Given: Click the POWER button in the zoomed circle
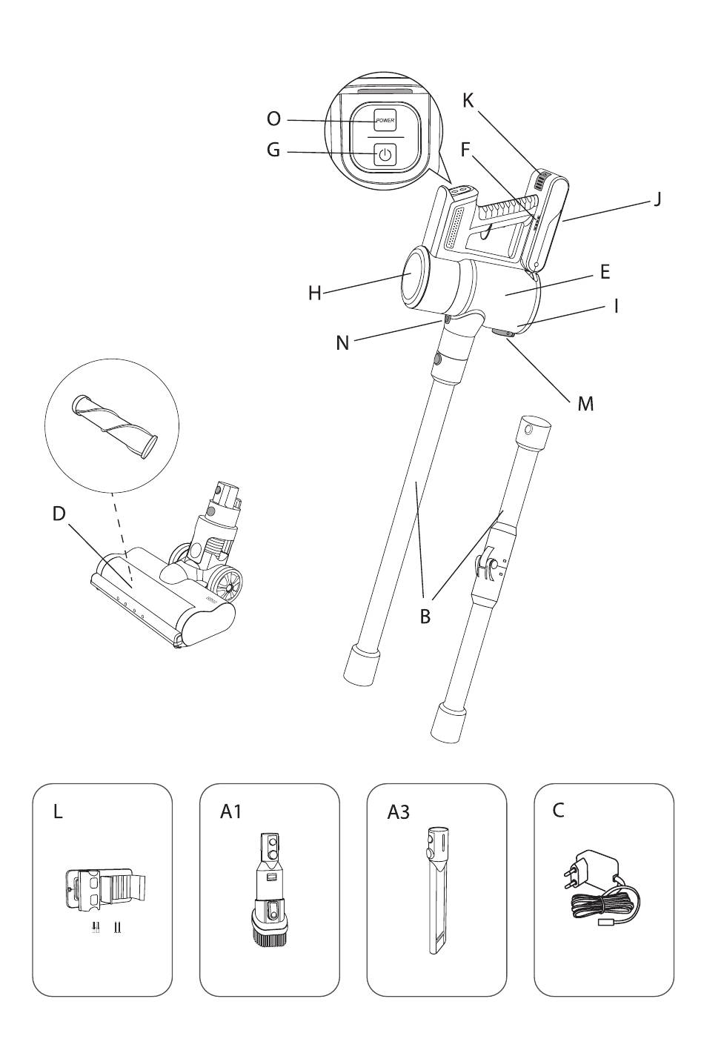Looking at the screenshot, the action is point(385,120).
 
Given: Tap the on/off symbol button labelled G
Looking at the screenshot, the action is point(385,154).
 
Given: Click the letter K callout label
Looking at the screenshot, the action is point(468,101).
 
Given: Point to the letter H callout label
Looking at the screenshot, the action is point(315,293).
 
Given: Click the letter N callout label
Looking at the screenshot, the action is point(343,342).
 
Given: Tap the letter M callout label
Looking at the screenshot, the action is point(585,404).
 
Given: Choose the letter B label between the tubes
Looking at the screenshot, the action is point(425,616).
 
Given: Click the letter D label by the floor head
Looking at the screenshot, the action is point(59,514).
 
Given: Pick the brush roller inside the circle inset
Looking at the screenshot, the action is point(114,425).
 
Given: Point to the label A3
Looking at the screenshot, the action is point(398,812).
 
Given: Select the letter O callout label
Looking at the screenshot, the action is point(274,119).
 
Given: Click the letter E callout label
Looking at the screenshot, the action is point(605,272).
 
